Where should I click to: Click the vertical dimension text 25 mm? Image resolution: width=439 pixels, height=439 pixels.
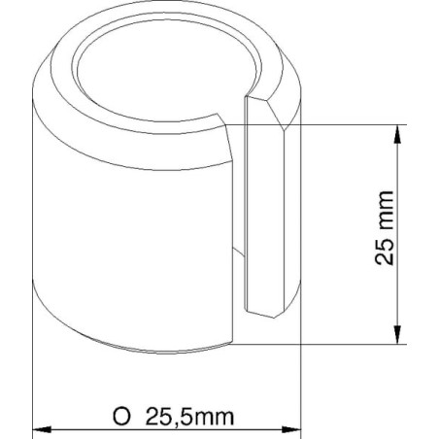point(385,228)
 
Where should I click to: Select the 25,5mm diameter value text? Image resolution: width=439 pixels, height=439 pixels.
point(189,417)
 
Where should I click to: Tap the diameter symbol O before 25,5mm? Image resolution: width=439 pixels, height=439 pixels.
point(121,417)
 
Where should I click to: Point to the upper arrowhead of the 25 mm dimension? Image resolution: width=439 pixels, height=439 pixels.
point(397,134)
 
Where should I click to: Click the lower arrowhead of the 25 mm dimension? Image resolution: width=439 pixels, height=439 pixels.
point(397,335)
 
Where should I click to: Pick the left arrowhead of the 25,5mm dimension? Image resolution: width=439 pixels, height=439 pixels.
point(42,430)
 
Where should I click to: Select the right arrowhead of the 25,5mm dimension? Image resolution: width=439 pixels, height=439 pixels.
point(291,430)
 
